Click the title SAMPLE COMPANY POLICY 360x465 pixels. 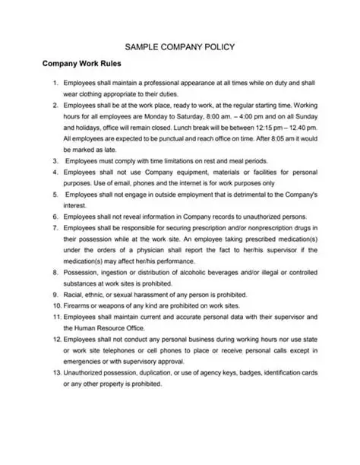[x=180, y=46]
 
